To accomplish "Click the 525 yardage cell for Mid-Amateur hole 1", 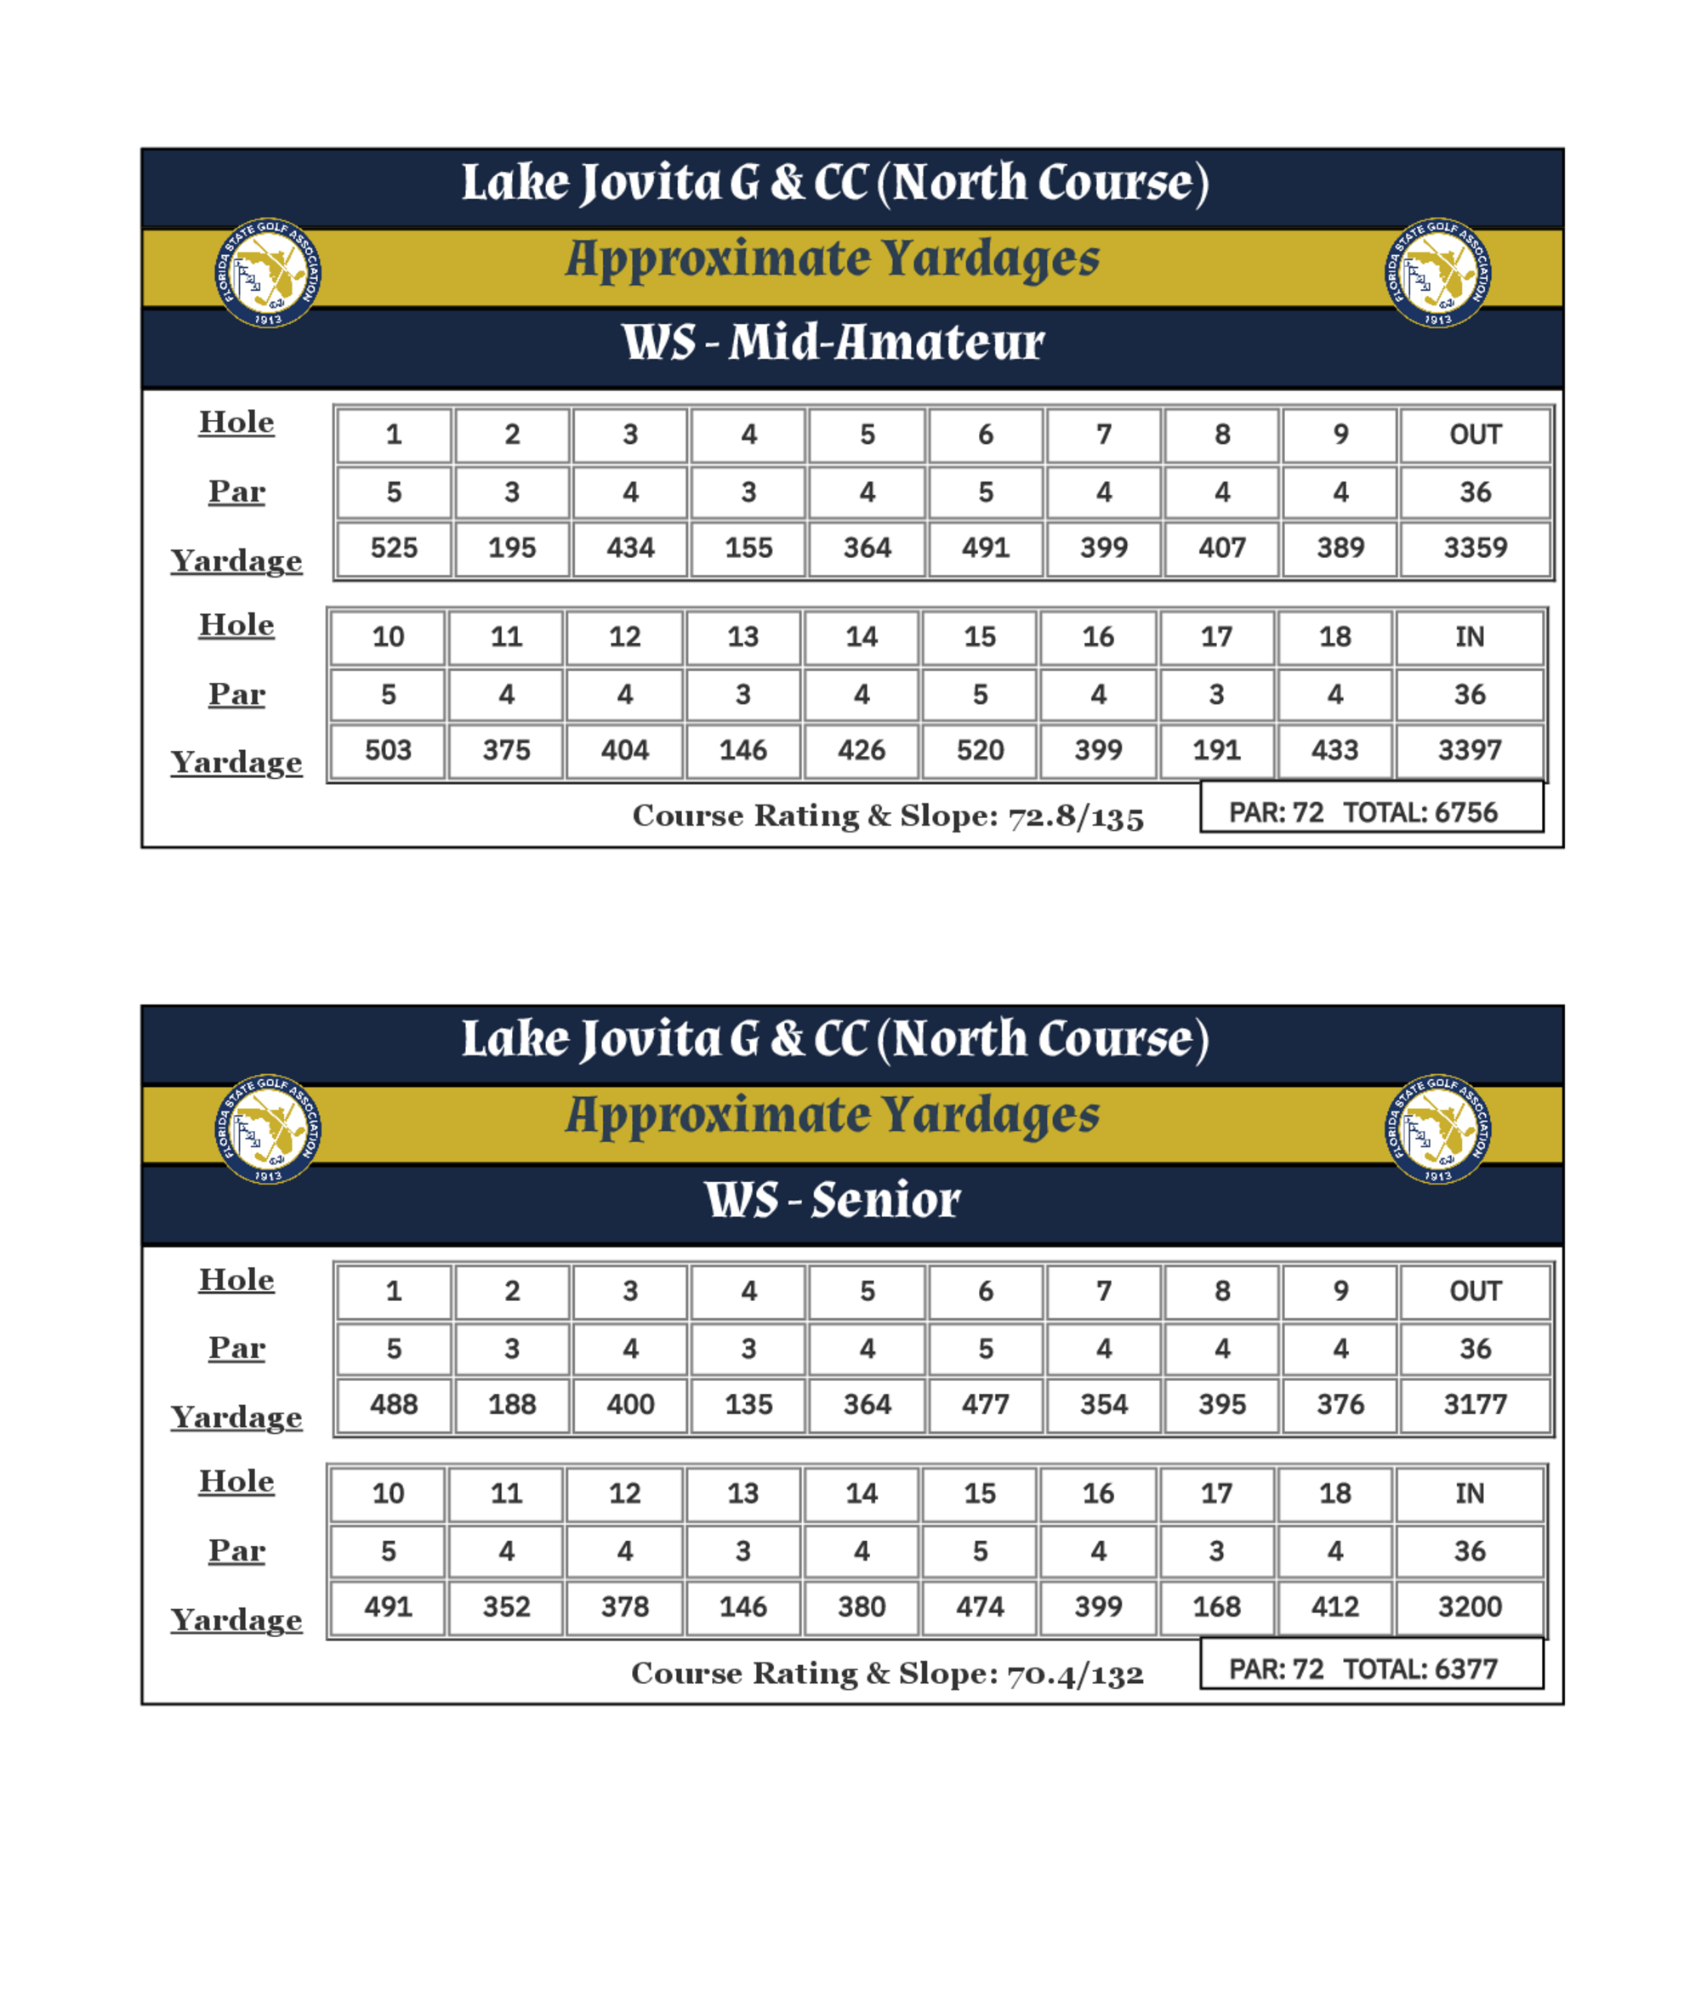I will (394, 548).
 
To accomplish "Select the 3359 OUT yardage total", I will (1475, 548).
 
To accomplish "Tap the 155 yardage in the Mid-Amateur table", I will (748, 548).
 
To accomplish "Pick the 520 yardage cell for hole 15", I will (980, 750).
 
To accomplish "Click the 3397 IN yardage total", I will (1469, 750).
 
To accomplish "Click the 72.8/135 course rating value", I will (1075, 816).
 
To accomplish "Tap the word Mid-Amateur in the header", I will (885, 343).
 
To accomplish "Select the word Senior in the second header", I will (885, 1200).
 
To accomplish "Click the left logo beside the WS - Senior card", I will (268, 1129).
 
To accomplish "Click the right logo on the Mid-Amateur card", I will (1437, 273).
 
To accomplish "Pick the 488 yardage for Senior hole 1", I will (394, 1404).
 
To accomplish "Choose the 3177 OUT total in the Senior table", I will (1475, 1404).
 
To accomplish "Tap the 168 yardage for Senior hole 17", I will (1216, 1606).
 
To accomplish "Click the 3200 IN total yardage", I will (1469, 1606).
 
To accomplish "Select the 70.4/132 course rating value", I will (1075, 1674).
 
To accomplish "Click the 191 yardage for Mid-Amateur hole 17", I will (1216, 750).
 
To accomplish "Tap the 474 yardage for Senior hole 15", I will (980, 1606).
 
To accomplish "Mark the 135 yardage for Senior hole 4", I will (748, 1404).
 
